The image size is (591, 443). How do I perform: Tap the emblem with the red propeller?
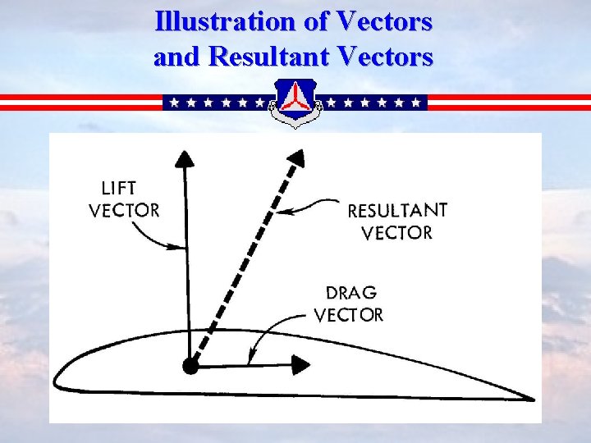click(x=295, y=103)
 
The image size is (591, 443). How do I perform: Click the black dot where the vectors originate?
click(x=190, y=366)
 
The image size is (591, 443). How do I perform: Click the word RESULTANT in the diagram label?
click(x=397, y=211)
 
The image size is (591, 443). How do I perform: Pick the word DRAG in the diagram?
click(x=351, y=293)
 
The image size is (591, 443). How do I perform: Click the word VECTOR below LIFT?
click(x=124, y=210)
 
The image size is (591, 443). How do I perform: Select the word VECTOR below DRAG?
click(x=348, y=315)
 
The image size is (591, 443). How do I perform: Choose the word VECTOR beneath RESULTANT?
click(x=396, y=232)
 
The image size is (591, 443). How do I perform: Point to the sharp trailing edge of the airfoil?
click(x=532, y=400)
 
